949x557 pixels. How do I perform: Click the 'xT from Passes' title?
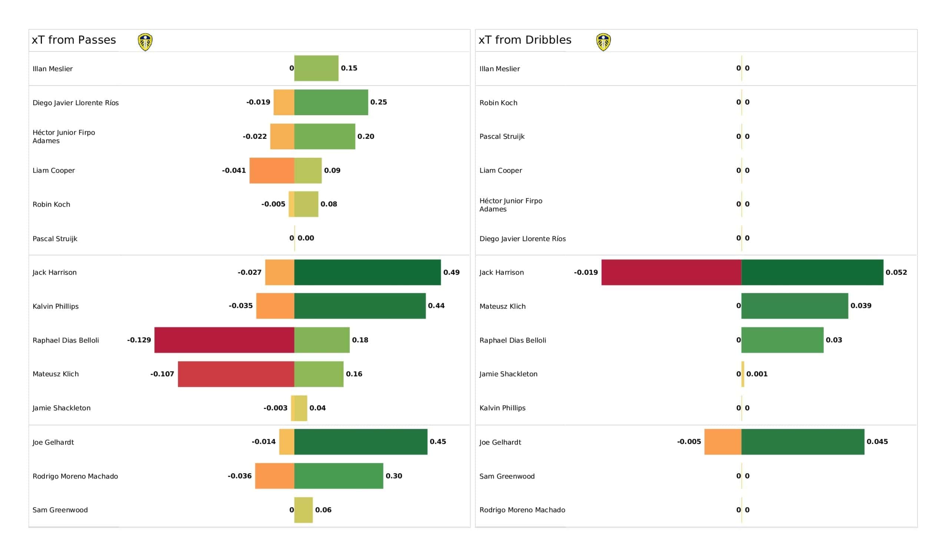coord(74,40)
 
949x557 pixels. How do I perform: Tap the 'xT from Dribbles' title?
coord(525,40)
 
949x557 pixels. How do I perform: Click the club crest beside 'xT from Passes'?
coord(145,42)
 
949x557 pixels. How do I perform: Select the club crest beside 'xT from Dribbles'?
coord(603,42)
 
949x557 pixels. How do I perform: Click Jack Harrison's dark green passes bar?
coord(367,272)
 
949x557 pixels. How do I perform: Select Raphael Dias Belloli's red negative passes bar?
coord(224,340)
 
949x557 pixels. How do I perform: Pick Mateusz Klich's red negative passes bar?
coord(236,374)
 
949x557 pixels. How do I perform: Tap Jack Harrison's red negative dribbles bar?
coord(671,272)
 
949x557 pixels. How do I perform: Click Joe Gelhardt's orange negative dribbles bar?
coord(723,442)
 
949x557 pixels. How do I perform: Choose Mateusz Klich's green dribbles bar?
coord(795,306)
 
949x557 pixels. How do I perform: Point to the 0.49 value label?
coord(452,272)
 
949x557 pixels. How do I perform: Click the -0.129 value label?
coord(139,340)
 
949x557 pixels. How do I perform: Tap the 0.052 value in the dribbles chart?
coord(896,272)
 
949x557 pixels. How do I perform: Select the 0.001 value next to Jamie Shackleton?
coord(757,374)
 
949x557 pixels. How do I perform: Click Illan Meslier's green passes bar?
coord(316,68)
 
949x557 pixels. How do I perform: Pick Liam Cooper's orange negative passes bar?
coord(272,170)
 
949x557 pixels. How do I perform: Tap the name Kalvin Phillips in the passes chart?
coord(56,306)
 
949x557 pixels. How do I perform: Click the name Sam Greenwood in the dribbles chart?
coord(507,476)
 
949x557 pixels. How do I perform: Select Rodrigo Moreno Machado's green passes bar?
coord(339,476)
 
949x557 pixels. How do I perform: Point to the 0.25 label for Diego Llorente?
coord(378,102)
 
